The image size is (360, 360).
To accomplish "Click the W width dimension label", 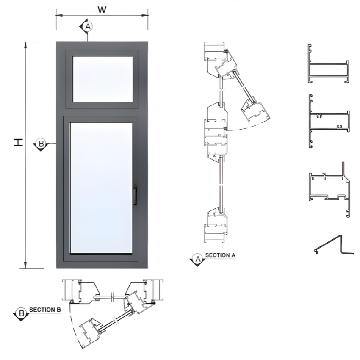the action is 102,9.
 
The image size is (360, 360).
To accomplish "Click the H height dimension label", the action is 18,142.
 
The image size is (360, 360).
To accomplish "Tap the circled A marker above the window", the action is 88,27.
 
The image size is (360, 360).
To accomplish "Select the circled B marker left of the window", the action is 41,144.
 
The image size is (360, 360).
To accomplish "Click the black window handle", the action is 135,195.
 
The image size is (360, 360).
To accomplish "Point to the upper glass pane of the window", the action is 102,79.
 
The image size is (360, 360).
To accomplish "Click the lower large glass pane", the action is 101,188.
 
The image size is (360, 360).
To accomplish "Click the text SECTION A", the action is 220,255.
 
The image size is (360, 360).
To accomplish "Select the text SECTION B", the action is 45,310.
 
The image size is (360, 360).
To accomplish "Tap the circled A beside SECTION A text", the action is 198,259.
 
